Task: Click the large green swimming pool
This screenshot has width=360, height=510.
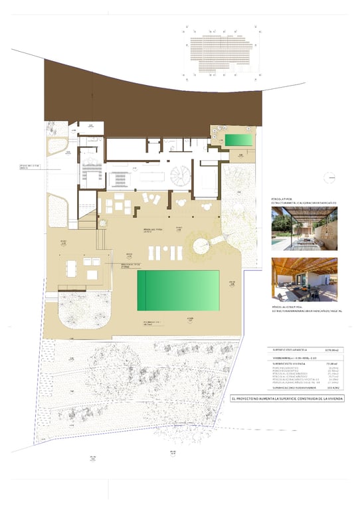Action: click(178, 290)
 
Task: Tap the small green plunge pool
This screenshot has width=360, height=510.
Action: click(237, 140)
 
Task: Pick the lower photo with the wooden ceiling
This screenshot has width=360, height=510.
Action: click(304, 279)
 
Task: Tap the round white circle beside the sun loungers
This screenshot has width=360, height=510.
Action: click(200, 246)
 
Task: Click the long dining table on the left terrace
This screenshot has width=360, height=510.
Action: click(72, 268)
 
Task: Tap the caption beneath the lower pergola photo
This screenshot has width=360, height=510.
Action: click(304, 309)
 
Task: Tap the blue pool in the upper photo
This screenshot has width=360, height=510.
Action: click(276, 244)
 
